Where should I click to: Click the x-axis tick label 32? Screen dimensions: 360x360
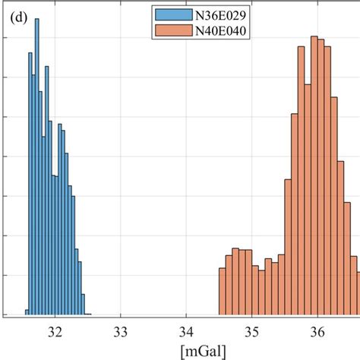[x=55, y=331]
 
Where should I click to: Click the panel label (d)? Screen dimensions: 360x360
[x=19, y=18]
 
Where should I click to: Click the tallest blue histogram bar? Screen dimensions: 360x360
[x=37, y=167]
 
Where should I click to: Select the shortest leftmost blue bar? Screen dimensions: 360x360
[x=27, y=311]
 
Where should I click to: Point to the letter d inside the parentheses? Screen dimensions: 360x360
[x=19, y=18]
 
